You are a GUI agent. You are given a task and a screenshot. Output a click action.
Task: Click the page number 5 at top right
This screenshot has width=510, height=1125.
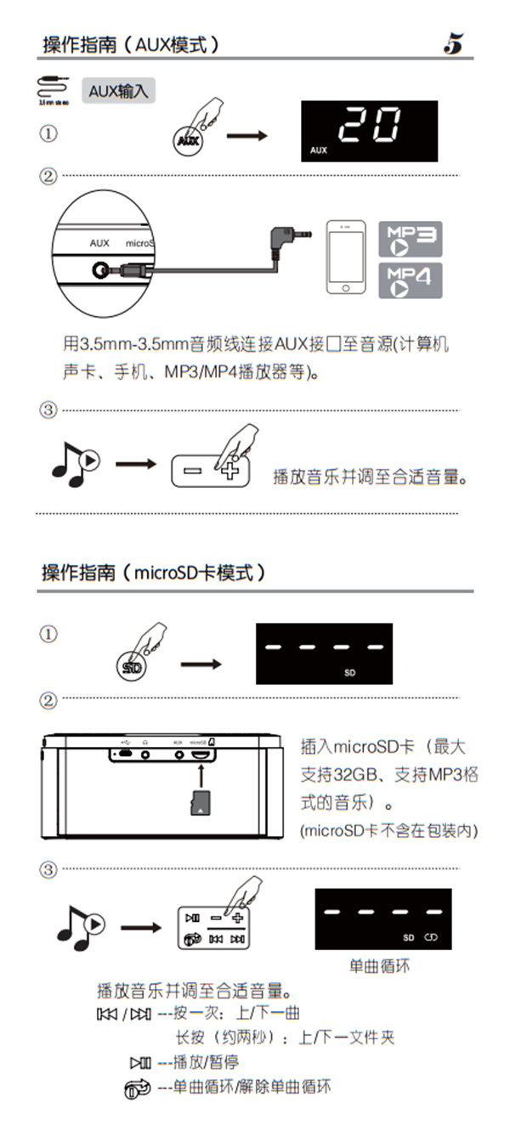tap(452, 44)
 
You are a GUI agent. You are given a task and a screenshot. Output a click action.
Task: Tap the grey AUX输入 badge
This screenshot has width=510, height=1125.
tap(118, 91)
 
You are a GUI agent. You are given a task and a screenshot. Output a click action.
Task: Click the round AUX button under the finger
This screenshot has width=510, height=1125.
tap(190, 140)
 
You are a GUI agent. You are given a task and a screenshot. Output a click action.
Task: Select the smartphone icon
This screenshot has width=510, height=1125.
tap(347, 258)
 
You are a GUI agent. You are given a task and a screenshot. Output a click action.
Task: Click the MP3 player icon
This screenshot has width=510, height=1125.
tap(410, 240)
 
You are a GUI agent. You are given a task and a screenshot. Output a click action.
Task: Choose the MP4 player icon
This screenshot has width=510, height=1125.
tap(410, 280)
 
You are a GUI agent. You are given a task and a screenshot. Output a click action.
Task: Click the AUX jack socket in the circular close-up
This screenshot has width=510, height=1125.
tap(101, 270)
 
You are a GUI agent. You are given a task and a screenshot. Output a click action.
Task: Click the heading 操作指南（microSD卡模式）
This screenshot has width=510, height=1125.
tap(154, 573)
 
